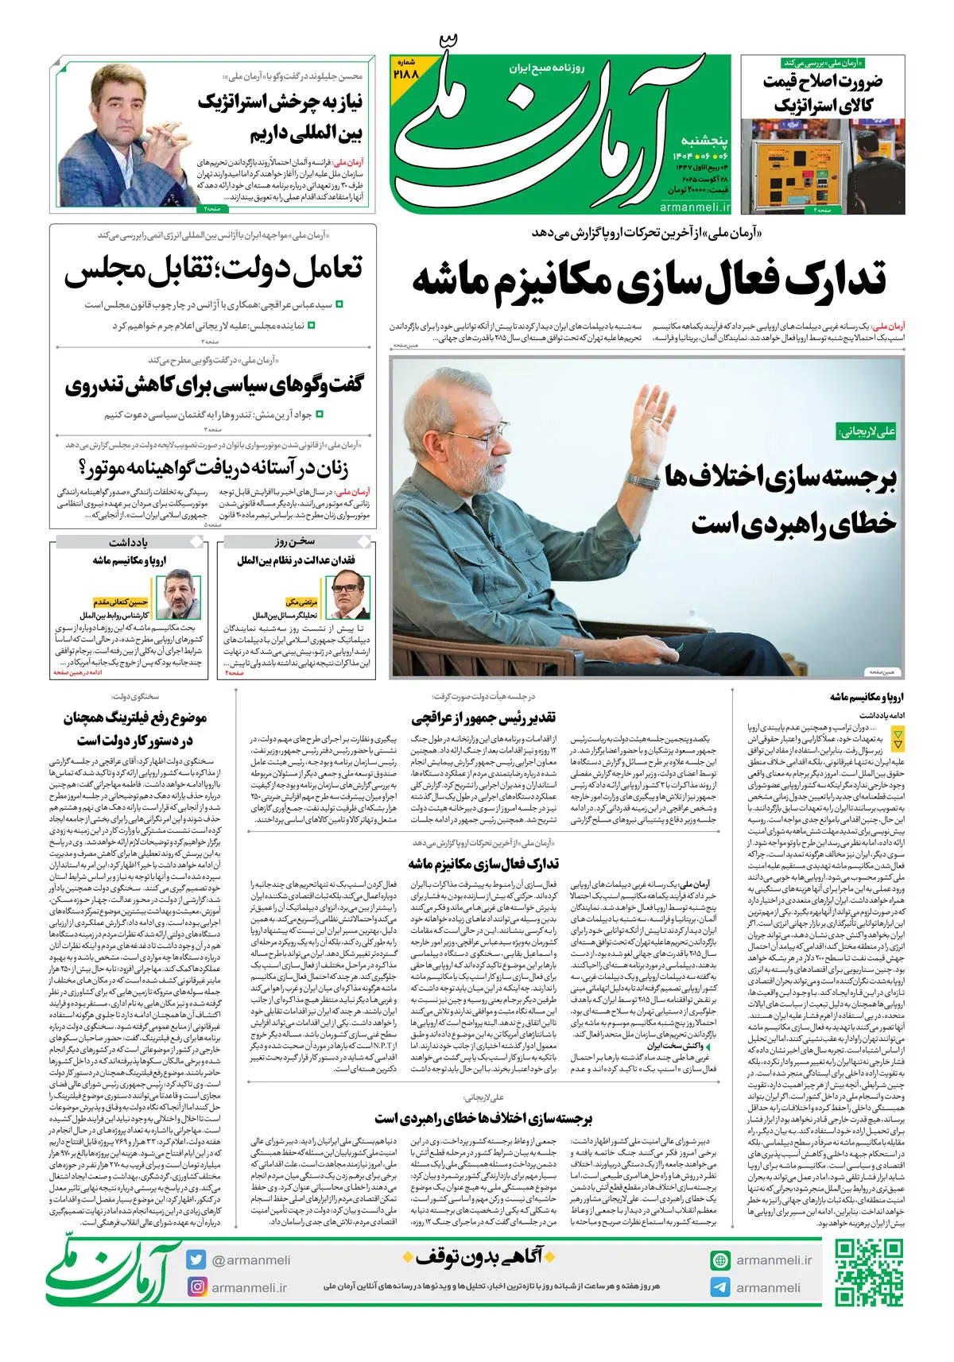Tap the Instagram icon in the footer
tap(196, 1287)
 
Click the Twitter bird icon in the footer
tap(196, 1259)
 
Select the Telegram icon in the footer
tap(720, 1287)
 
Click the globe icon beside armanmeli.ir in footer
tap(720, 1259)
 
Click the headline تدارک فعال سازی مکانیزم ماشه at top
tap(648, 281)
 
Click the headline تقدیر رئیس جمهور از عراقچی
tap(483, 718)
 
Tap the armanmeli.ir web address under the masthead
tap(695, 207)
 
